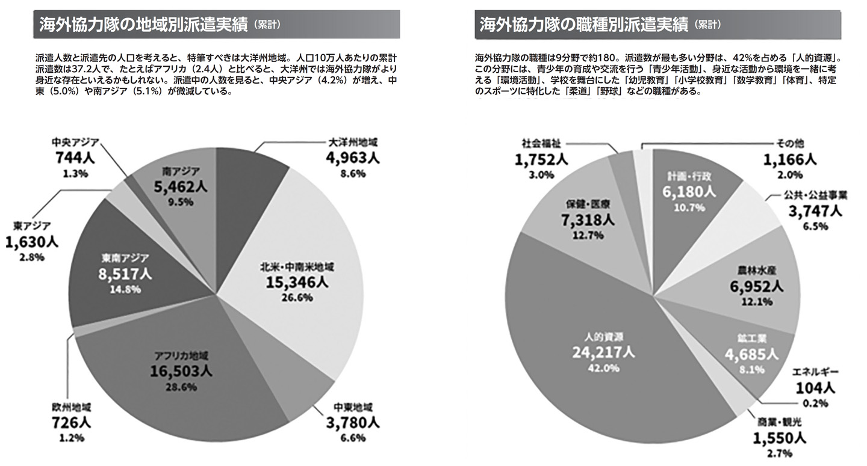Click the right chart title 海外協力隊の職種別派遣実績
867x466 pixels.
pyautogui.click(x=583, y=25)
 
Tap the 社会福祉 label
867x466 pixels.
pyautogui.click(x=540, y=144)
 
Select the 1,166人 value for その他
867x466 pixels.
pyautogui.click(x=789, y=159)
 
